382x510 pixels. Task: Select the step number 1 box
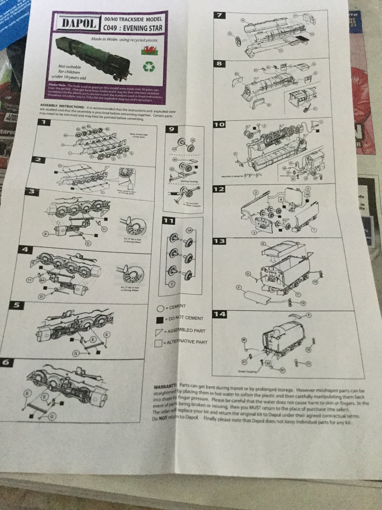tap(44, 122)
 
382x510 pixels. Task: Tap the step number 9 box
tap(172, 129)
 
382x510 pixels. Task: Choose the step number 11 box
tap(169, 220)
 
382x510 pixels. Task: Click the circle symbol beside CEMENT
tap(160, 309)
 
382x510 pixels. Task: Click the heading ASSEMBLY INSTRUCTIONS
tap(62, 106)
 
